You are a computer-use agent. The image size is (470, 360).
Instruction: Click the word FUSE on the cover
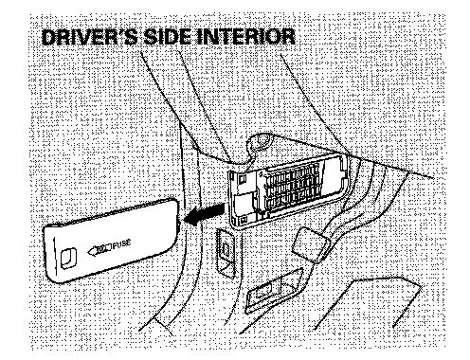[x=121, y=244]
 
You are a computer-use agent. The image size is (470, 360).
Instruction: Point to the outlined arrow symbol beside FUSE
[x=99, y=249]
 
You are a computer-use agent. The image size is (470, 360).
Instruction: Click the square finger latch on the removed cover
[x=68, y=257]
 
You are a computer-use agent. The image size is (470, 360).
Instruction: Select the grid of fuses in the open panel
[x=293, y=187]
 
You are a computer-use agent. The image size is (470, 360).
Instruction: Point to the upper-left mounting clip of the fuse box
[x=243, y=179]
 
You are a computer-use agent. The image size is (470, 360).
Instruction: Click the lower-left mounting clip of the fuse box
[x=244, y=219]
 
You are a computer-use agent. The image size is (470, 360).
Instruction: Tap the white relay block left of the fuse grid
[x=244, y=202]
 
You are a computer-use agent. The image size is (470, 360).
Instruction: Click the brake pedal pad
[x=312, y=244]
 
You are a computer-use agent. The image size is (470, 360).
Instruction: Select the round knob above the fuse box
[x=260, y=141]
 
